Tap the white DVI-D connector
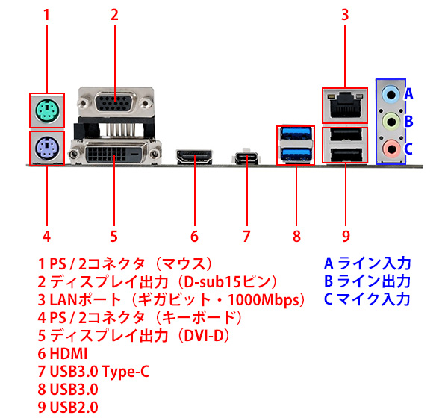coord(113,155)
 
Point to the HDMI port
coord(194,157)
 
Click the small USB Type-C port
coord(246,157)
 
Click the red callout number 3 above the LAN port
coord(345,14)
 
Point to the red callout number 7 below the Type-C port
coord(246,237)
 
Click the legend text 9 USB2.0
coord(68,407)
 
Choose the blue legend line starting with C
coord(366,300)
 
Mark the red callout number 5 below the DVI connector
coord(113,237)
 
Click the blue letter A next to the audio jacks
coord(409,95)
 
